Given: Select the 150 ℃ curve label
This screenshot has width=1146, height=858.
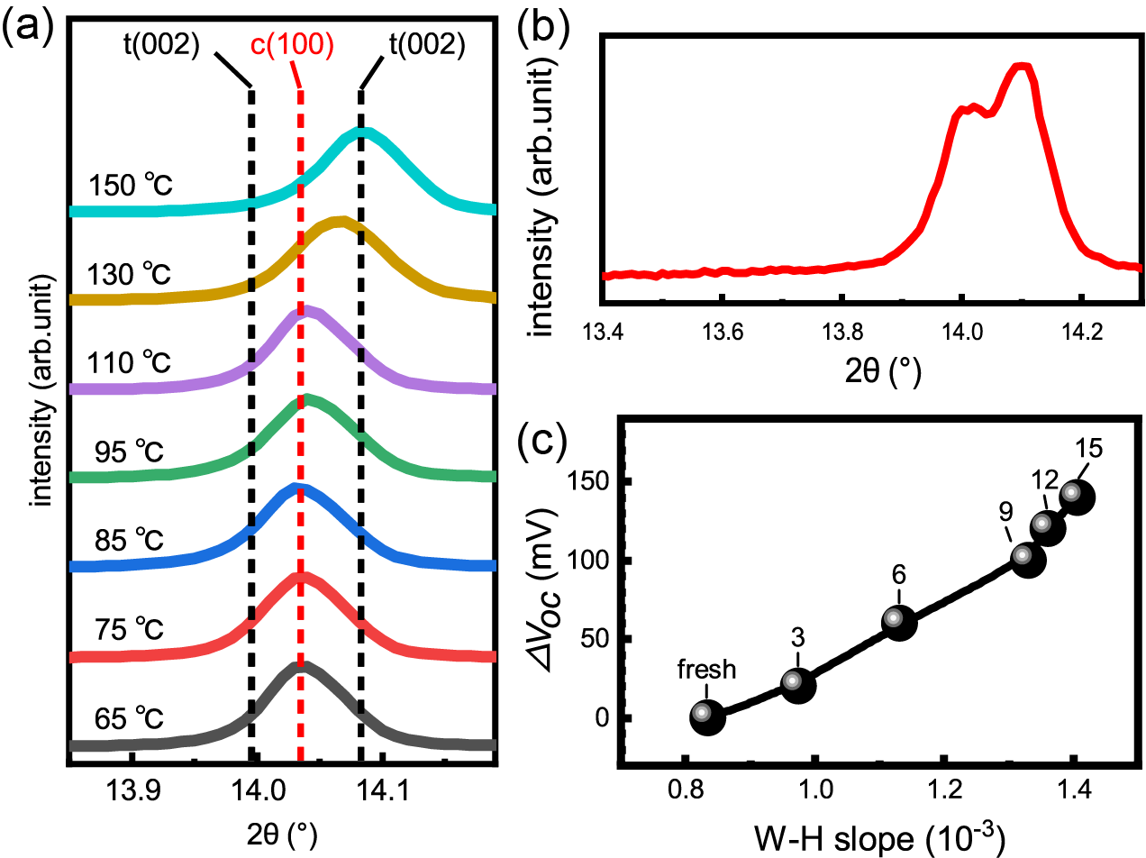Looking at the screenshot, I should [131, 187].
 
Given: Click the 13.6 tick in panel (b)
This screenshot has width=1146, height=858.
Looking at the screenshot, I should [722, 330].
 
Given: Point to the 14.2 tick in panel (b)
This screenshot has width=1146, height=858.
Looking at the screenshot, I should [1082, 330].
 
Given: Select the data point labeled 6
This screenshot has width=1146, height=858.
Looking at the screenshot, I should [898, 622].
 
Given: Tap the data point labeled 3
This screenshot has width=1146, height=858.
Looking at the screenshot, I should [797, 684].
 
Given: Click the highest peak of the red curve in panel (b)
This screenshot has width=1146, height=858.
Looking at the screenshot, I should [1020, 67].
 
